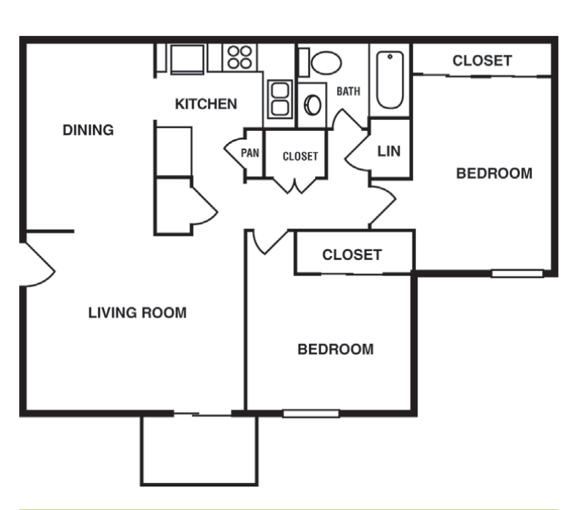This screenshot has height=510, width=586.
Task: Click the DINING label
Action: (x=88, y=131)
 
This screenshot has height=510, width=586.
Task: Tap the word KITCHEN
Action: (x=206, y=105)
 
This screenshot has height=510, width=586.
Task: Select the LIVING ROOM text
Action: (x=137, y=313)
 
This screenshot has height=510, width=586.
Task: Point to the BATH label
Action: (x=348, y=91)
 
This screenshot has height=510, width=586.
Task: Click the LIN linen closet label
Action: (x=388, y=151)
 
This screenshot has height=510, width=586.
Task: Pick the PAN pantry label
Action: (x=251, y=154)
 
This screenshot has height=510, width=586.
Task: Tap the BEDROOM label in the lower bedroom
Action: (x=335, y=350)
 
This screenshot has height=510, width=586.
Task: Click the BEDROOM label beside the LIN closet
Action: (x=494, y=174)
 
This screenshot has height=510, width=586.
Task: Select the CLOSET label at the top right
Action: (x=481, y=61)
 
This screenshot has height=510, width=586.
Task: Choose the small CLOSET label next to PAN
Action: (x=300, y=156)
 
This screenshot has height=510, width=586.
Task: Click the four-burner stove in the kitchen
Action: (x=240, y=57)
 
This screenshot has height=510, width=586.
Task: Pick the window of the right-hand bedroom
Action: (x=516, y=274)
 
